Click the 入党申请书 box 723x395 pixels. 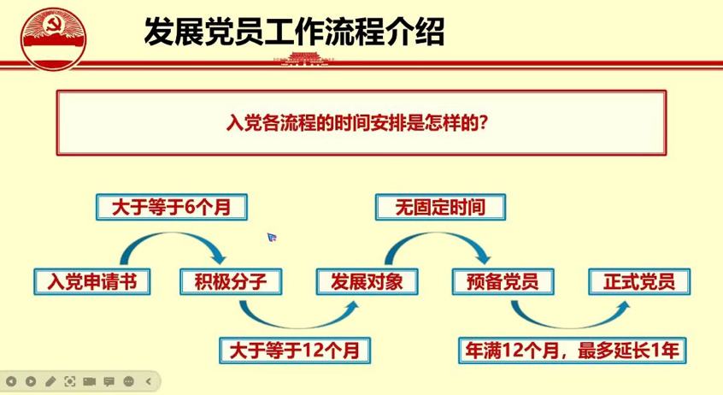(91, 281)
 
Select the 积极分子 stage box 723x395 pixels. (231, 281)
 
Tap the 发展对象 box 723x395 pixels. (367, 281)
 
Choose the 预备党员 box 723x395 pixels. (503, 281)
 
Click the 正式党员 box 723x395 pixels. (639, 281)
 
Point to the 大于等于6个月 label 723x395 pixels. (172, 207)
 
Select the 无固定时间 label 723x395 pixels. (440, 207)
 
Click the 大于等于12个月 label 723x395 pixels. (295, 351)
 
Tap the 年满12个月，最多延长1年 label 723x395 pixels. (573, 351)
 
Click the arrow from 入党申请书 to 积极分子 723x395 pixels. (172, 235)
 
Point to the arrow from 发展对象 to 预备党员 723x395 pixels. (437, 235)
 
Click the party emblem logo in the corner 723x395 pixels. (53, 39)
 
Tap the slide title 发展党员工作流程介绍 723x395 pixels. (294, 32)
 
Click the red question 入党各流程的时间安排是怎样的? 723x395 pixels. (357, 123)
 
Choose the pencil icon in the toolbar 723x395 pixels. (50, 381)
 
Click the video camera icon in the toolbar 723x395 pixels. (90, 381)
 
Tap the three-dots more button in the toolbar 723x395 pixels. (129, 381)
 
